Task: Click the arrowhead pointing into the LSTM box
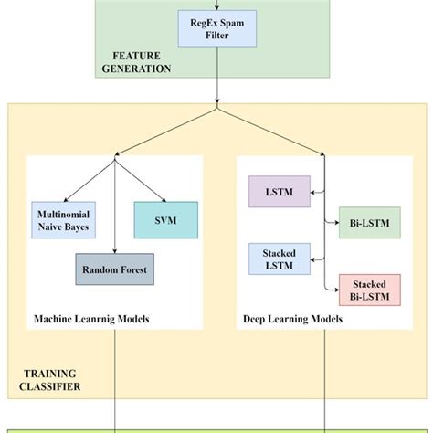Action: [312, 192]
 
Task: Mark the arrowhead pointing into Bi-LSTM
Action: [334, 223]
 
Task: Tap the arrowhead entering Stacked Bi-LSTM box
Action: [334, 290]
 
